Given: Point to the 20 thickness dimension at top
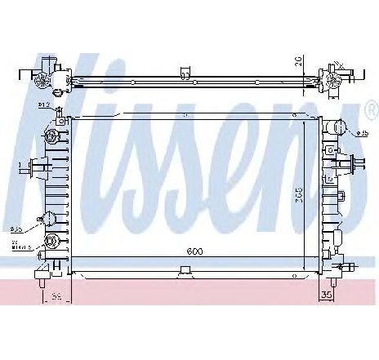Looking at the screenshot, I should (x=300, y=61).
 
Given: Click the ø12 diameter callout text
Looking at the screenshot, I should (x=42, y=105).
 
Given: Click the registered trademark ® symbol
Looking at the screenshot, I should (x=371, y=109).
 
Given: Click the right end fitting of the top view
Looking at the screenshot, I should (x=337, y=76).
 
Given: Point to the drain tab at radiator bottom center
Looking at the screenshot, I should (x=178, y=271).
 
